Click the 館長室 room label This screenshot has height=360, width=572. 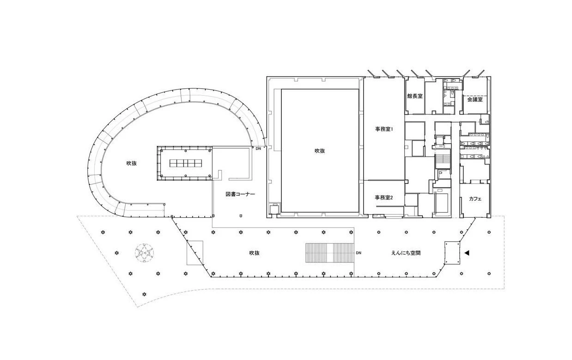click(415, 96)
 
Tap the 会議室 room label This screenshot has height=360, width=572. click(475, 100)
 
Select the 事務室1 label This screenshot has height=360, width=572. click(384, 129)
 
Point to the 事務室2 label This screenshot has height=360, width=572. click(384, 197)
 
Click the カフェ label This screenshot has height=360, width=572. click(475, 199)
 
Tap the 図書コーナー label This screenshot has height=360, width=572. click(240, 194)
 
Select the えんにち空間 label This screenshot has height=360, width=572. click(406, 253)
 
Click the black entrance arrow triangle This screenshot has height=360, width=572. click(467, 253)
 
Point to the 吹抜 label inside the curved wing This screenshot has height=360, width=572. click(132, 163)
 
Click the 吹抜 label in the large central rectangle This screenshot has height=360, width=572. click(320, 151)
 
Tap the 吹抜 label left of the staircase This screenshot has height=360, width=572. click(254, 253)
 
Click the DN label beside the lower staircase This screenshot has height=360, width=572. click(359, 253)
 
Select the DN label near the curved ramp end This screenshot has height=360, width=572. click(258, 148)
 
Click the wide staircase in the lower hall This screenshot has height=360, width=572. click(330, 253)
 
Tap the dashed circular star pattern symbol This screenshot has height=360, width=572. click(145, 253)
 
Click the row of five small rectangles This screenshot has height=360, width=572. click(186, 163)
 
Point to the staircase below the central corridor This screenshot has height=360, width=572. click(443, 161)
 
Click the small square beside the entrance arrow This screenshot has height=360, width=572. click(452, 253)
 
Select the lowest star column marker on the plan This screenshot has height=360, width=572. click(145, 294)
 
